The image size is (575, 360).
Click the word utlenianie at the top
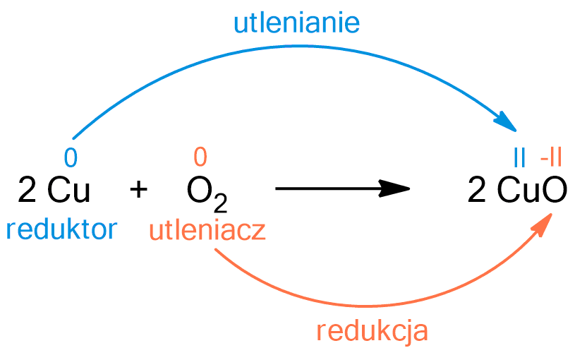pos(296,23)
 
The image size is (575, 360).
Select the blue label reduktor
pos(61,229)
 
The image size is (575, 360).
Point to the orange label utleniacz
pos(207,230)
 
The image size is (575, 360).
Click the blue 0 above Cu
pos(69,155)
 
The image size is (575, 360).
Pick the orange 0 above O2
pos(200,155)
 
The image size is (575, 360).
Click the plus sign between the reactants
pos(140,189)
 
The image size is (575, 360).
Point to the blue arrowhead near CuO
pos(509,122)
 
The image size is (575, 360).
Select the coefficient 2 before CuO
pos(477,189)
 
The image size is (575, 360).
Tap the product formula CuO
pos(531,189)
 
